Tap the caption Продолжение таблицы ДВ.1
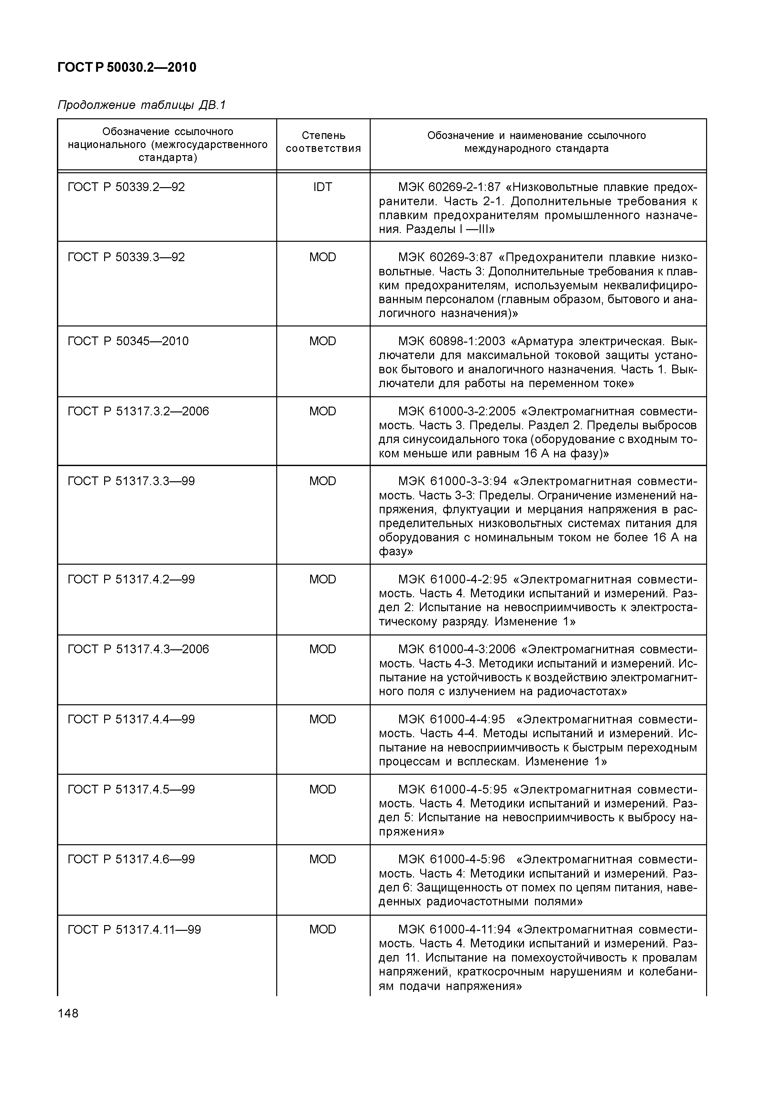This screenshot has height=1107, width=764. [x=141, y=105]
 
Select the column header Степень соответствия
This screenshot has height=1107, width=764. [x=323, y=142]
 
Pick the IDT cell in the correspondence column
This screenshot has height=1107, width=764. [x=322, y=187]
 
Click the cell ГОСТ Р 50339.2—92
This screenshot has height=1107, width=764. [x=126, y=187]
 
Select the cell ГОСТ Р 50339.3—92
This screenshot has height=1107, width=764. [x=126, y=257]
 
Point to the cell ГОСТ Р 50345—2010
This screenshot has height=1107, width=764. [x=128, y=341]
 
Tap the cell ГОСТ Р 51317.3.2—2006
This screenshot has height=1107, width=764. [x=138, y=411]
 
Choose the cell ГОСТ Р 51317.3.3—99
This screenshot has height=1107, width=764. [x=131, y=481]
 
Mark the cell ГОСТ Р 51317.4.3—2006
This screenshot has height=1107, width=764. [x=138, y=649]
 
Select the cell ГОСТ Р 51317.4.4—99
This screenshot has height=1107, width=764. [x=131, y=719]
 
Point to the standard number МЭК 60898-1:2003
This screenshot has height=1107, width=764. [x=452, y=341]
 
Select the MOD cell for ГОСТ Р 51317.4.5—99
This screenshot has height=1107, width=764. [x=322, y=789]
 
